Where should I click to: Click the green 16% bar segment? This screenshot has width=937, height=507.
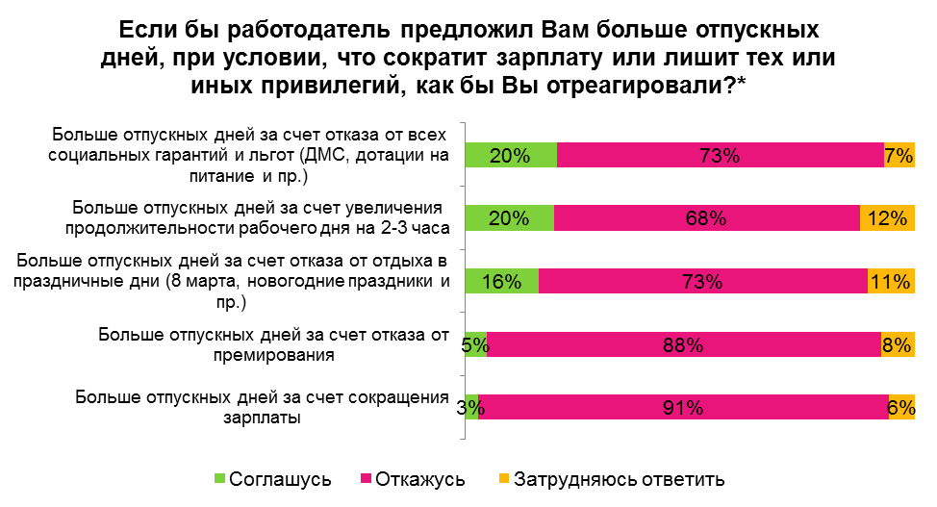[502, 281]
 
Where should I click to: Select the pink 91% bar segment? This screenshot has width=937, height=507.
[683, 407]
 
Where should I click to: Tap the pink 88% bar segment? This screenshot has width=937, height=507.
[684, 344]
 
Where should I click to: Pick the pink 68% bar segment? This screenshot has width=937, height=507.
[707, 217]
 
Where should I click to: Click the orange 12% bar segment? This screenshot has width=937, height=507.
[887, 217]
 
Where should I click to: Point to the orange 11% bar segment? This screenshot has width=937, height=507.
[891, 281]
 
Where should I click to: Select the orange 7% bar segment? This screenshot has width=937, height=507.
[899, 155]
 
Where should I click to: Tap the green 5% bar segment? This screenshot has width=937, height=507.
[476, 344]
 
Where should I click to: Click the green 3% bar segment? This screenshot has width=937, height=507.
[471, 407]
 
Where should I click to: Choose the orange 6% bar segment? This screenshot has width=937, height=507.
[901, 407]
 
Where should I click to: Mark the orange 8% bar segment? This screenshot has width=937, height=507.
[898, 344]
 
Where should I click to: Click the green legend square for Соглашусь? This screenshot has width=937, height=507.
[219, 478]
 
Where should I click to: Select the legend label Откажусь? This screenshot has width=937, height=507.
[420, 479]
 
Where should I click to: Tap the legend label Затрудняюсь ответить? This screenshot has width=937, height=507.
[620, 479]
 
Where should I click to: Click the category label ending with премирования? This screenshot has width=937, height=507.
[273, 344]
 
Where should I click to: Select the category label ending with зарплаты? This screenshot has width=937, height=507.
[263, 407]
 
